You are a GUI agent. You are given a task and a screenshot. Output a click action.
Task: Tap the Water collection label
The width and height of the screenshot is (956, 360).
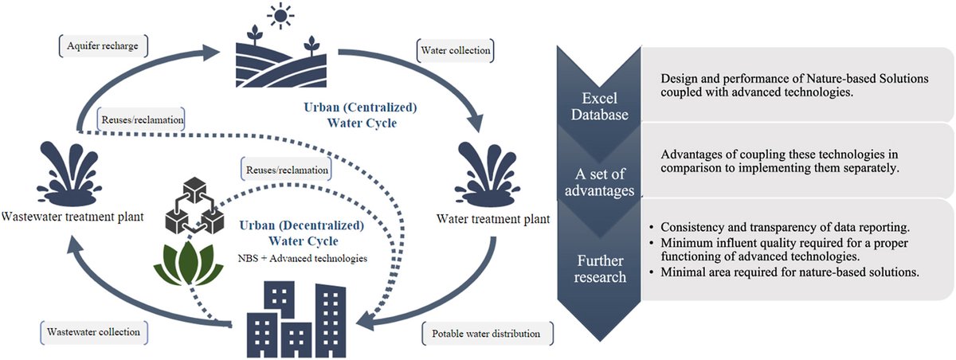[x=455, y=52]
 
